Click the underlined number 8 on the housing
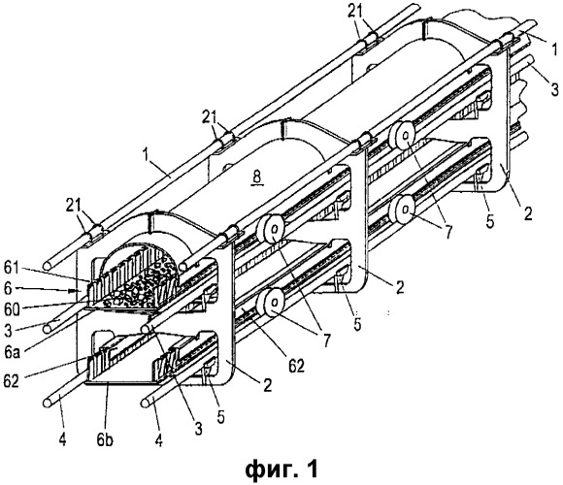[258, 177]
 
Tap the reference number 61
[14, 268]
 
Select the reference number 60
[13, 310]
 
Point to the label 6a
[12, 352]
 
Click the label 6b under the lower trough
[105, 439]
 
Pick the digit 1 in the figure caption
[312, 469]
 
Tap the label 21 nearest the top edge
[356, 12]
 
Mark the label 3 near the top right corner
[555, 88]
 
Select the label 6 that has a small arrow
[9, 289]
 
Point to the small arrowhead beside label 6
[73, 291]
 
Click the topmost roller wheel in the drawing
[403, 136]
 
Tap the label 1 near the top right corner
[554, 49]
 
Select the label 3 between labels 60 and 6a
[8, 331]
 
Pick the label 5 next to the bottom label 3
[220, 416]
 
